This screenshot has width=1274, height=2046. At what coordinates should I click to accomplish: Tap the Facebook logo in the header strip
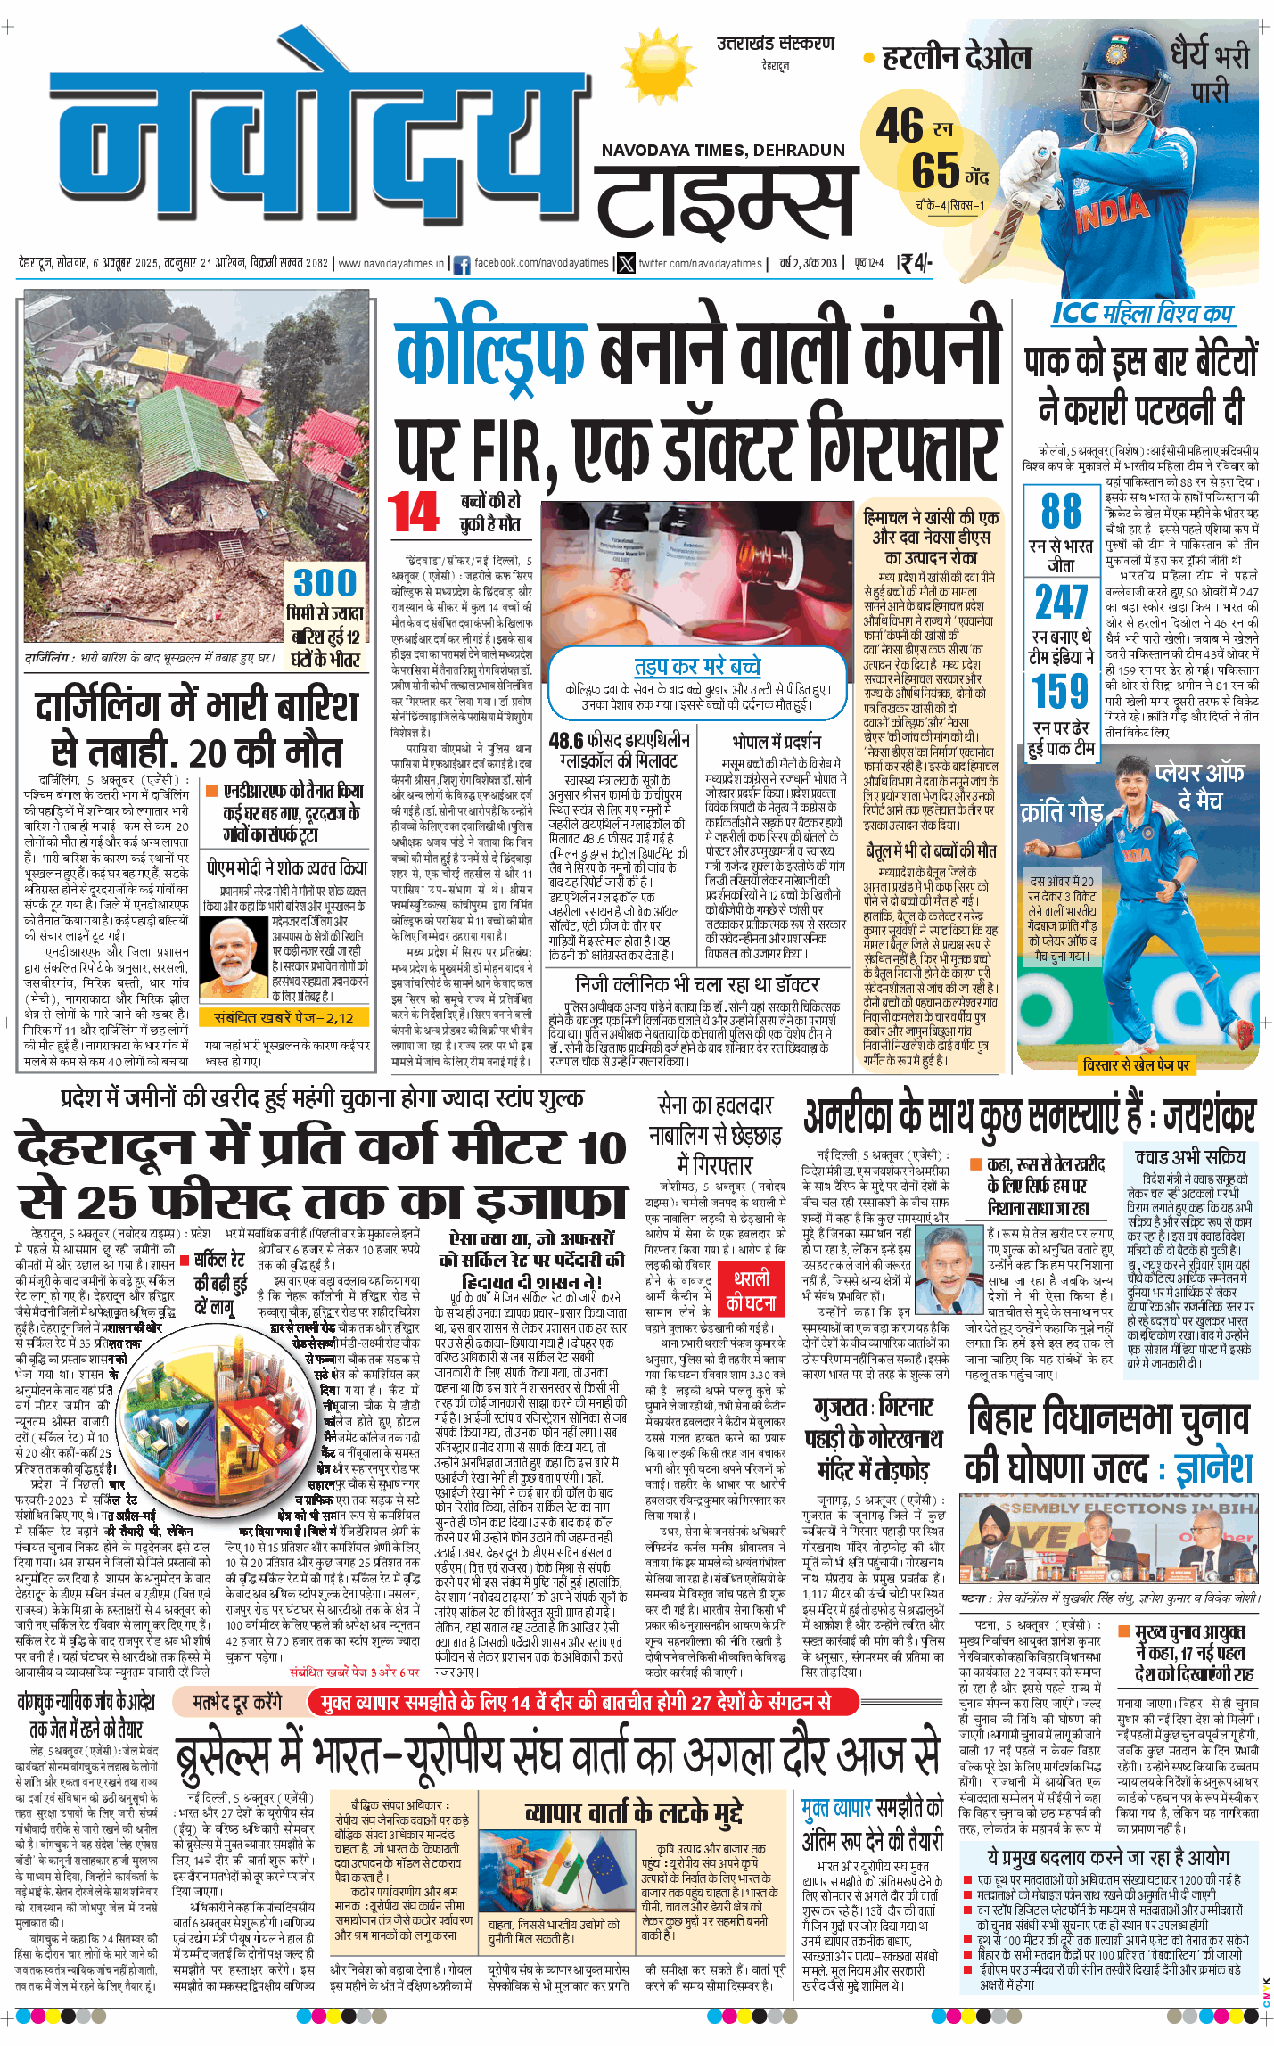462,264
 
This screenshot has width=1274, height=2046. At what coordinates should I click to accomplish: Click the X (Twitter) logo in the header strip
627,264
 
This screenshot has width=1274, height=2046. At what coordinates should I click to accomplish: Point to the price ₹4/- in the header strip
915,263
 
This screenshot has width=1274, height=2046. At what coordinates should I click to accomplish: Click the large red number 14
414,513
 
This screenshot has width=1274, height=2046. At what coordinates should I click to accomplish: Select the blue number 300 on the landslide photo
325,583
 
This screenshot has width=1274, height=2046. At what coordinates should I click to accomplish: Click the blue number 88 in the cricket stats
1060,512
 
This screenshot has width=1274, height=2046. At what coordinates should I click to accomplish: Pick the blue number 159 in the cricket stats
1061,691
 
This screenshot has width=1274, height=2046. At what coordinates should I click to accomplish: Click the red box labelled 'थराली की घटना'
751,1291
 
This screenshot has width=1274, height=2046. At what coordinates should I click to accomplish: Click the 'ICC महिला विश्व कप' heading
1142,313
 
